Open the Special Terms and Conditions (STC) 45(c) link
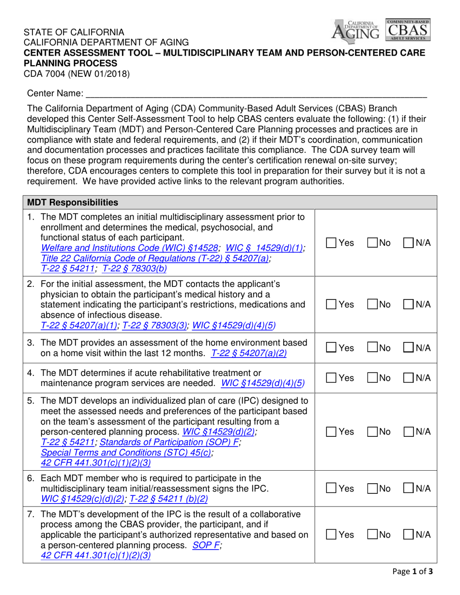click(x=126, y=452)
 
